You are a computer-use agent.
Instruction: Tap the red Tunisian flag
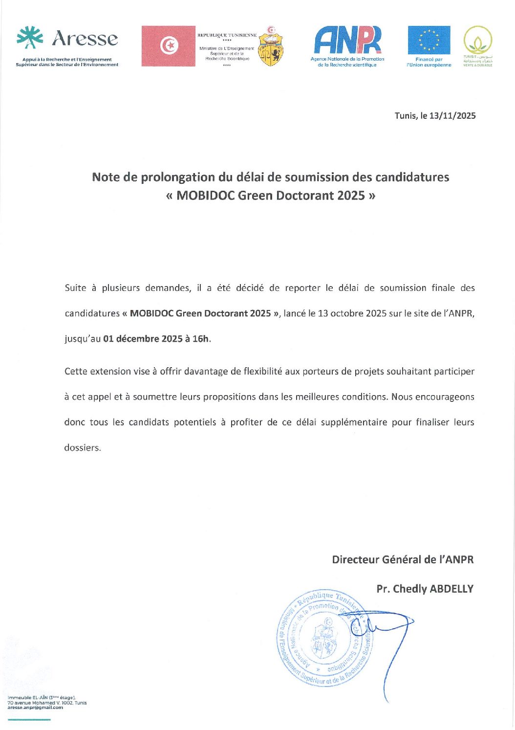[168, 46]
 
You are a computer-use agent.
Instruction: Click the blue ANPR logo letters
[347, 41]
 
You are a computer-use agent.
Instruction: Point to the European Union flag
[429, 40]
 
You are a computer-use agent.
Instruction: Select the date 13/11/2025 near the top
[452, 116]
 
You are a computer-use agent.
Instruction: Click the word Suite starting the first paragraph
[75, 288]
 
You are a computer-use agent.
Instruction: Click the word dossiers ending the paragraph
[82, 448]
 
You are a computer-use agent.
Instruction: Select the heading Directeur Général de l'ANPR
[403, 559]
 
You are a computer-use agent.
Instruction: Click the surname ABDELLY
[451, 589]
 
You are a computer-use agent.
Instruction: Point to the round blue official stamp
[323, 638]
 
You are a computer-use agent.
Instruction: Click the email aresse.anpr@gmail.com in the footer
[35, 708]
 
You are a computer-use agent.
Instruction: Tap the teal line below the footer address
[29, 719]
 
